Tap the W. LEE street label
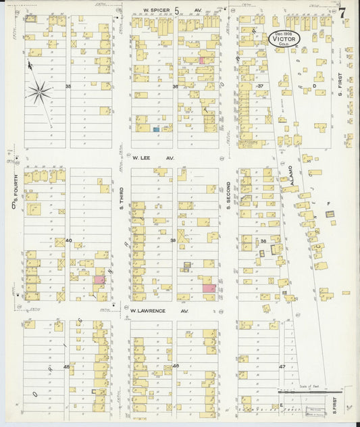145,158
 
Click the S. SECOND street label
229,194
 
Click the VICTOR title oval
286,39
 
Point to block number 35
68,86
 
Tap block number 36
175,86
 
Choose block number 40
68,240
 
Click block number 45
66,366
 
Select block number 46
175,366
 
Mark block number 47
282,366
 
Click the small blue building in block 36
156,128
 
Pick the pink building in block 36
202,61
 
